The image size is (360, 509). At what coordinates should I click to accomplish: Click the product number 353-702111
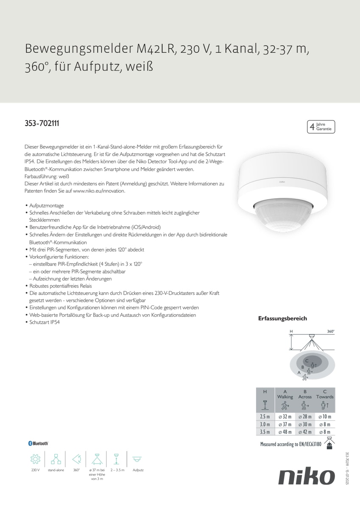[x=42, y=124]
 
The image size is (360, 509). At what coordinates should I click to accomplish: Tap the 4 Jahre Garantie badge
[x=321, y=126]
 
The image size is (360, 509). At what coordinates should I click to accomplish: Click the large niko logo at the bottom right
[x=306, y=477]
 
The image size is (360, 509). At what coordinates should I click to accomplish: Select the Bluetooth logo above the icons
[x=38, y=443]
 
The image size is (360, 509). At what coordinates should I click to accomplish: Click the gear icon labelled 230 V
[x=35, y=459]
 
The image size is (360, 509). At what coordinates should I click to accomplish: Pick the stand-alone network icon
[x=56, y=459]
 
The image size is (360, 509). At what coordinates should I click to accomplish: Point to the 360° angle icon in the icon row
[x=76, y=459]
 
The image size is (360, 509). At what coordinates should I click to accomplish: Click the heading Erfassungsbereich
[x=282, y=319]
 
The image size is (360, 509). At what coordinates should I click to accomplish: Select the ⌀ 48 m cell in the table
[x=285, y=432]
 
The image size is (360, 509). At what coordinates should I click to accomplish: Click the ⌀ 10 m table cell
[x=325, y=417]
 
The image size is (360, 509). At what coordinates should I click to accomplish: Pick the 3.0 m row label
[x=265, y=425]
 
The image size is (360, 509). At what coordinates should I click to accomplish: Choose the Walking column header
[x=285, y=397]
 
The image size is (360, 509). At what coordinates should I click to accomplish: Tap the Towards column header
[x=325, y=397]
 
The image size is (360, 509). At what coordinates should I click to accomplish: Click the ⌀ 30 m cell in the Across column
[x=305, y=425]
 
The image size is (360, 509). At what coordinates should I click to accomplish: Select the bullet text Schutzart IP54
[x=45, y=322]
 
